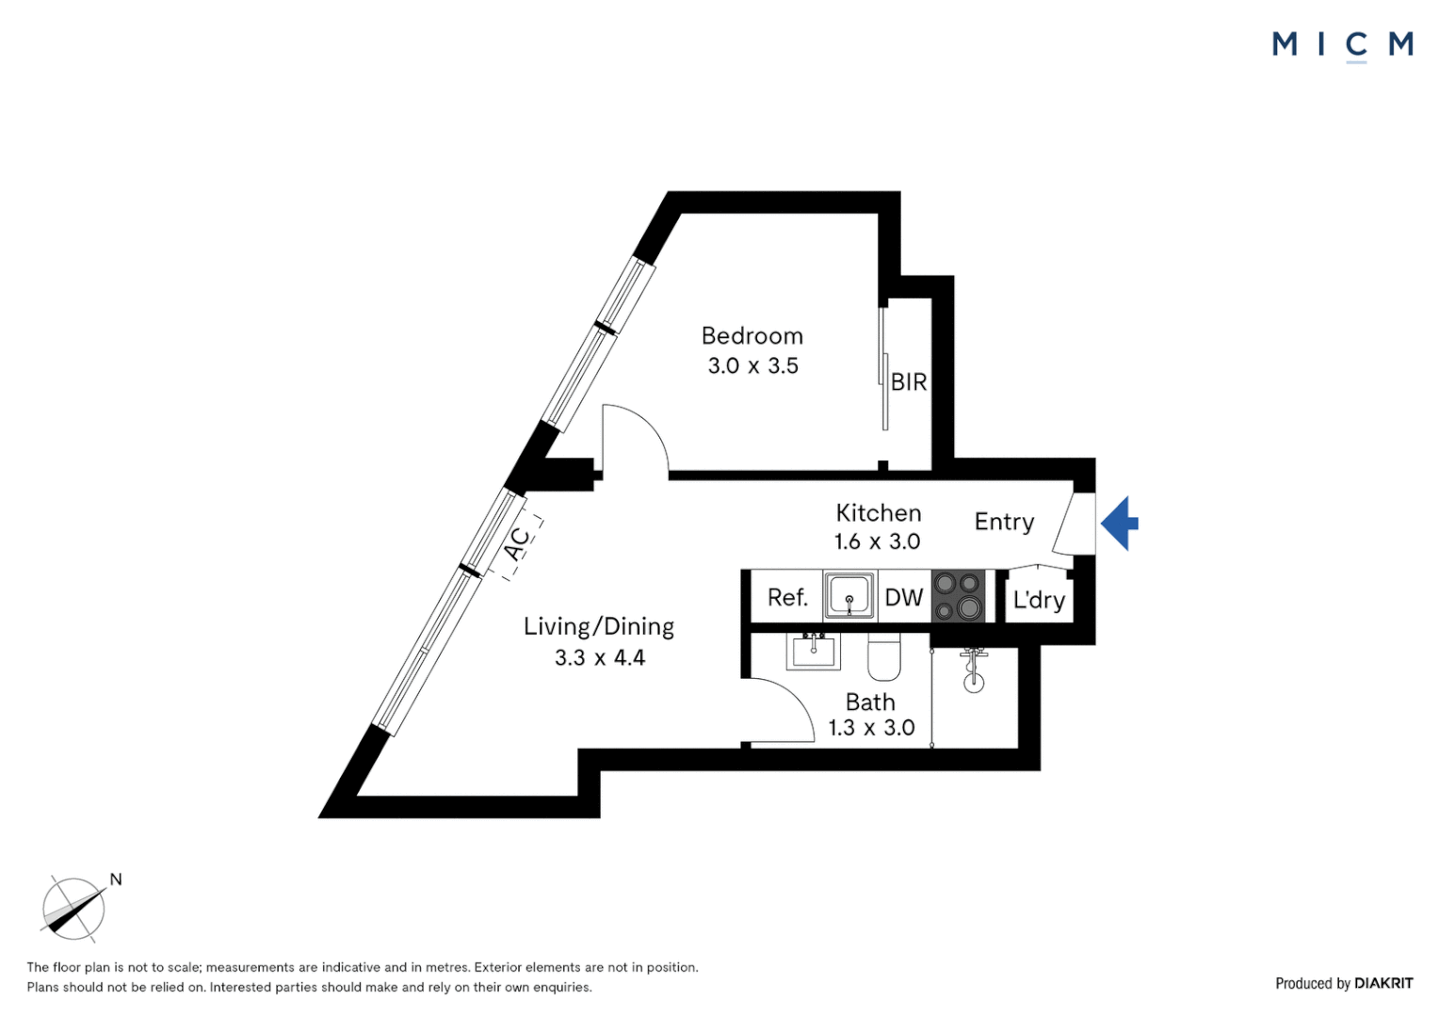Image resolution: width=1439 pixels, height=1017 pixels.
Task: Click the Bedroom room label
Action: click(752, 336)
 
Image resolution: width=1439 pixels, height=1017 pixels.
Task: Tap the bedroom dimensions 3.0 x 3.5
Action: click(752, 366)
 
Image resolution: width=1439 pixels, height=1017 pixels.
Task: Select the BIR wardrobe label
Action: click(909, 382)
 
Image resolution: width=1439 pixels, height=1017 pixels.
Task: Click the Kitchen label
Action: click(878, 512)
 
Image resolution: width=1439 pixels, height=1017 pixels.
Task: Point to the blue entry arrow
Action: click(1120, 523)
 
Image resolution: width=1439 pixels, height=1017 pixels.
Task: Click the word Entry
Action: click(1004, 522)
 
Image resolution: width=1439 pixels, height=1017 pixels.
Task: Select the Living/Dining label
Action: click(599, 626)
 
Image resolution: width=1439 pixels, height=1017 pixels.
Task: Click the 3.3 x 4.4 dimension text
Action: click(599, 658)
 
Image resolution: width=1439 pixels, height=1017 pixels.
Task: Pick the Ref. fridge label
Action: click(787, 597)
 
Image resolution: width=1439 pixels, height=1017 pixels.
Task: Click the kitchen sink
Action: click(849, 595)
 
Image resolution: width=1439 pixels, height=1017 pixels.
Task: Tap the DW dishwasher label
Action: click(904, 597)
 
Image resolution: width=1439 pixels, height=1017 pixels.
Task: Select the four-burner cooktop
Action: click(958, 595)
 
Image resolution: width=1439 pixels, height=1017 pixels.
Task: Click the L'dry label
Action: click(1039, 600)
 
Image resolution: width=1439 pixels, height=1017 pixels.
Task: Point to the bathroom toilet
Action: click(884, 657)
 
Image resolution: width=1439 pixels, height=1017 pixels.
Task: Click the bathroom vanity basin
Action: click(813, 651)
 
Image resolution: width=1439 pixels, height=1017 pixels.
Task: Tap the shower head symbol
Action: click(974, 670)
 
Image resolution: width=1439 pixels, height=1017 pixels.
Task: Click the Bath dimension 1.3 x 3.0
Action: click(871, 728)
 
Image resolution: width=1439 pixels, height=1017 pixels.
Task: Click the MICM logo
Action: click(1343, 45)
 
